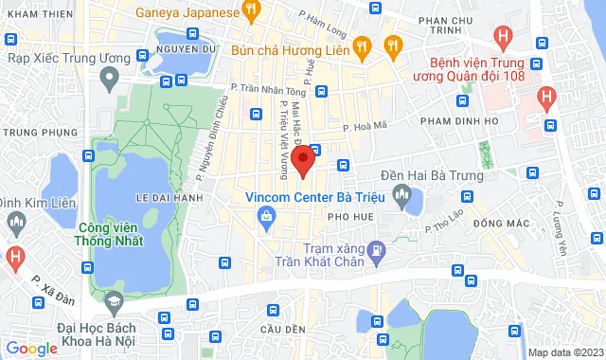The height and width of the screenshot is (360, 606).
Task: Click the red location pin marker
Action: tap(302, 161)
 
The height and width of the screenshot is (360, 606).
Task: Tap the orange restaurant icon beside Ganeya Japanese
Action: tap(251, 12)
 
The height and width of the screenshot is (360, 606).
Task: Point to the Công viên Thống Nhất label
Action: tap(118, 235)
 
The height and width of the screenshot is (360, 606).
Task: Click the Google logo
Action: tap(32, 348)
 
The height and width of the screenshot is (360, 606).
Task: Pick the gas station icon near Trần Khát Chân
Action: tap(377, 252)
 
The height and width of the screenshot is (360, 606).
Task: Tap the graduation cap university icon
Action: tap(115, 302)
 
